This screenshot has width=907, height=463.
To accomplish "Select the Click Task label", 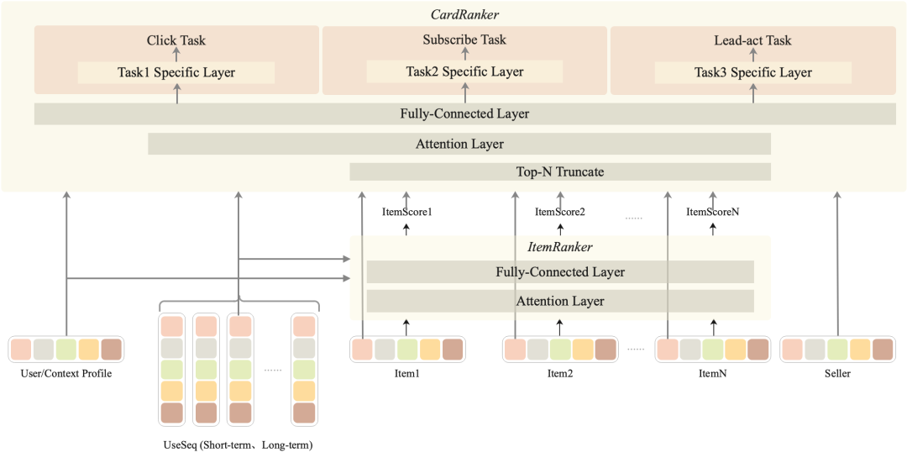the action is pos(176,40).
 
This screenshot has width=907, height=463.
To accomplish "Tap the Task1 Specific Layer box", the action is pos(176,73).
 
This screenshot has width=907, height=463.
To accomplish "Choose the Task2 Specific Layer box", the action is pos(464,71).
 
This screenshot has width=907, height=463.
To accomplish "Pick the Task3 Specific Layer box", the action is pos(753,73).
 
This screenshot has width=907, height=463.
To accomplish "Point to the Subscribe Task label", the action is pos(464,39).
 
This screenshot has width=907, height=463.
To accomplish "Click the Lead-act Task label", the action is pos(753,40).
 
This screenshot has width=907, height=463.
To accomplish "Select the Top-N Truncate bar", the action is pos(560,172).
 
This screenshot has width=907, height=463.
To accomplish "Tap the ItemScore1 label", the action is pos(408,212).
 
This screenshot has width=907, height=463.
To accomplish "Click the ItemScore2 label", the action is pos(560,212).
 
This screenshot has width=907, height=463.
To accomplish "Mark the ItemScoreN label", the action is pos(713,212).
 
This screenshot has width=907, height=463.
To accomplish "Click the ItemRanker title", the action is pos(560,247).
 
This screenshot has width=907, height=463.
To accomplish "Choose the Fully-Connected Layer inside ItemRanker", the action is pos(560,271).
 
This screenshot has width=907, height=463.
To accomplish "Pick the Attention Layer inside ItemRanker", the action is pos(560,301).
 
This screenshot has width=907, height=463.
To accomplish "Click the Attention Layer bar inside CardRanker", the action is pos(459,144).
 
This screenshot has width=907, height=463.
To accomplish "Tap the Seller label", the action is pos(837,374).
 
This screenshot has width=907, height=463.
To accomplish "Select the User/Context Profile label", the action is pos(67,374).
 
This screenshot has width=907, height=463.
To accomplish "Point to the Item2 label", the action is pos(560,374).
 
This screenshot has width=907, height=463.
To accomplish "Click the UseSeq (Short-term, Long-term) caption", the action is pos(239,445).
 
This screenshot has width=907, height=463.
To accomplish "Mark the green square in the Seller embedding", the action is pos(837,350).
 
